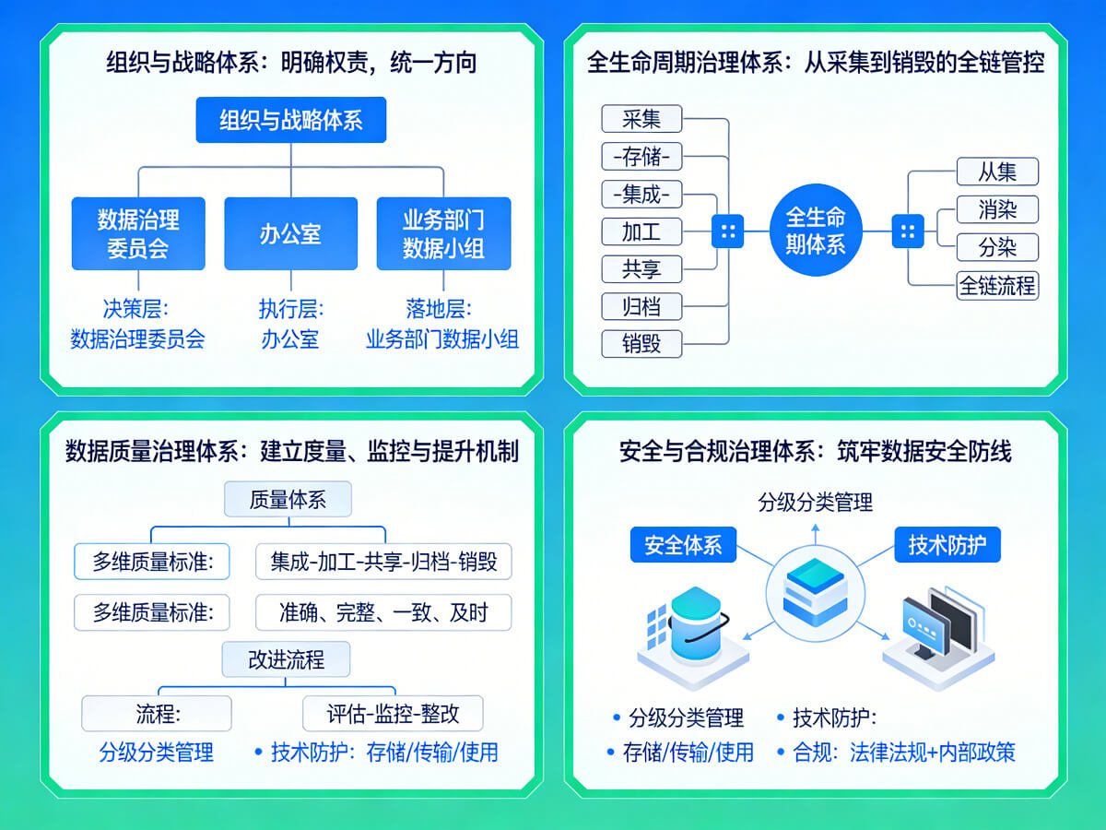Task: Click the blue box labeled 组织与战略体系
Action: click(290, 120)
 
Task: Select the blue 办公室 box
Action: click(290, 233)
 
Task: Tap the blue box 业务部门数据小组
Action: click(443, 233)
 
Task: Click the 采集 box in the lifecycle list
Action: click(641, 119)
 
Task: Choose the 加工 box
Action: click(641, 231)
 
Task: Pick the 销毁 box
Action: click(641, 343)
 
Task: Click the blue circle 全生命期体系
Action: click(815, 231)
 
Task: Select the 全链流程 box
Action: click(997, 285)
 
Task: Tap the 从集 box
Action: click(997, 172)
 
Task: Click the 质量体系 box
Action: click(288, 500)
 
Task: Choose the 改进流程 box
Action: click(286, 659)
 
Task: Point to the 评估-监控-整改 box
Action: click(393, 714)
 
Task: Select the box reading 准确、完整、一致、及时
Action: click(382, 611)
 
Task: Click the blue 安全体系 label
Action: click(683, 545)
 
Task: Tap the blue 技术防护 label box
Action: click(947, 545)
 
